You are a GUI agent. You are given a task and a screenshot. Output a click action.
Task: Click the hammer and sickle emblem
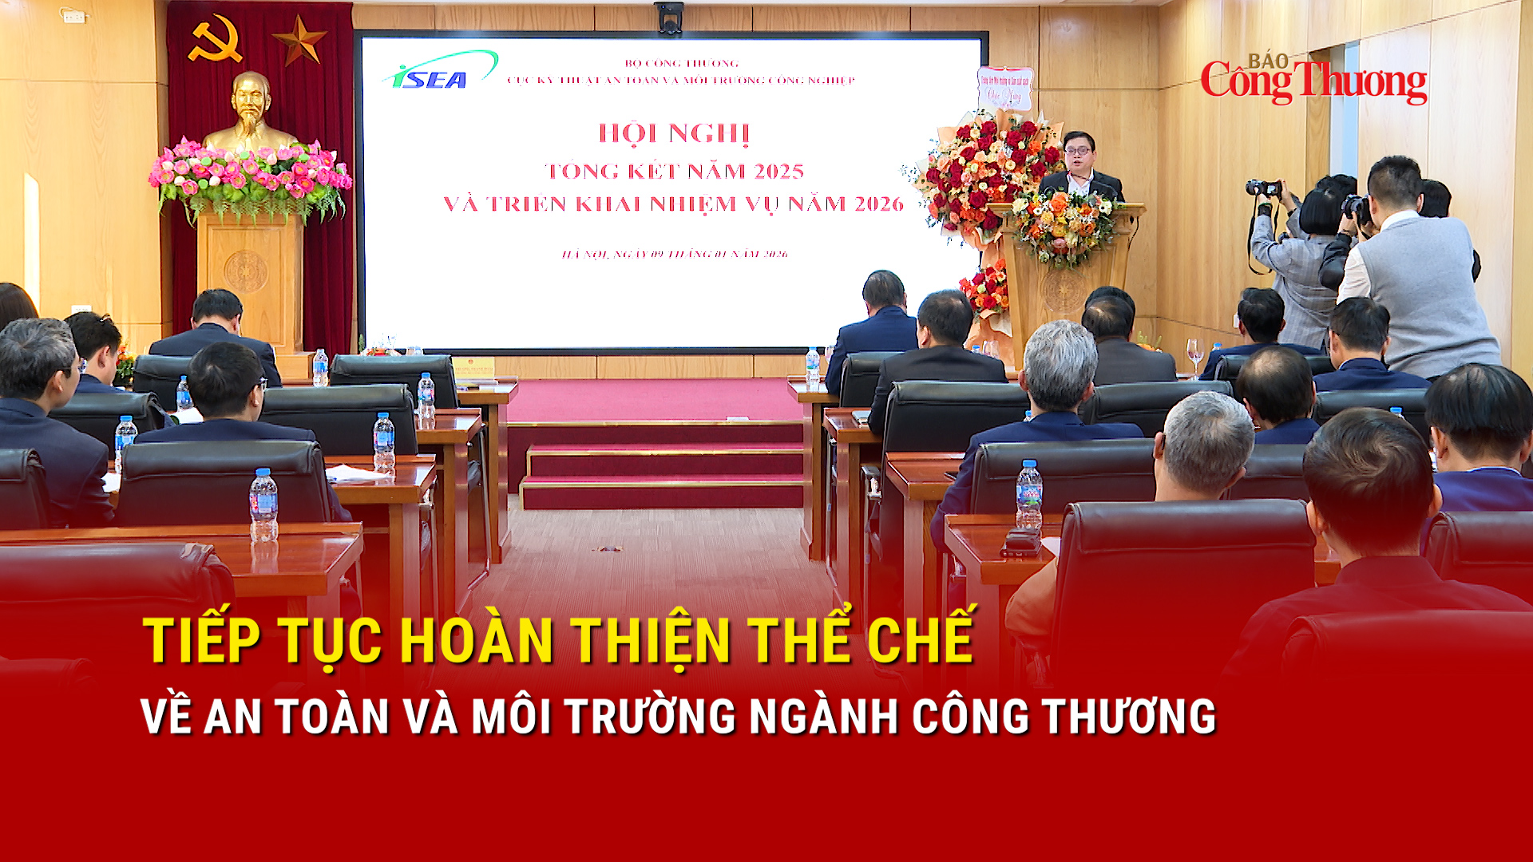[x=215, y=41]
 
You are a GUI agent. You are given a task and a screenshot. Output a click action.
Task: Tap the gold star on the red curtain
[x=299, y=41]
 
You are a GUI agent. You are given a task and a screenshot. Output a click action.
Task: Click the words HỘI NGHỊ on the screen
[x=674, y=133]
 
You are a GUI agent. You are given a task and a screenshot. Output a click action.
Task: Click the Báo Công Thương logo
[x=1313, y=79]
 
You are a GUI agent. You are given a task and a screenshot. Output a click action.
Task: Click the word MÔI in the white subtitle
[x=512, y=716]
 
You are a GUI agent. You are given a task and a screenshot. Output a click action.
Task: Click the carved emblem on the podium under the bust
[x=246, y=271]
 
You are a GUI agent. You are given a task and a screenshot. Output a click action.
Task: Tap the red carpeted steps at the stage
[x=662, y=475]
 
